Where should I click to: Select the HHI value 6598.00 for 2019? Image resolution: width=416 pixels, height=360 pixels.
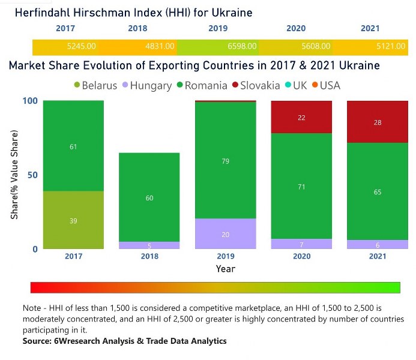click(241, 46)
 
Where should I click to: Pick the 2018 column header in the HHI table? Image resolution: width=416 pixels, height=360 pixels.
click(137, 28)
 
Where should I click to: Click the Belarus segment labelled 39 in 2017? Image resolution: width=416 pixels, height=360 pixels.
click(73, 220)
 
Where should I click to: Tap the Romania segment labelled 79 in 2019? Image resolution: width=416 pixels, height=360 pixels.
click(225, 161)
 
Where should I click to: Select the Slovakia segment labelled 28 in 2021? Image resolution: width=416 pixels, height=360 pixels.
click(378, 122)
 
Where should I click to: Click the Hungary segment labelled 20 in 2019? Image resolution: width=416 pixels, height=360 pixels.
click(225, 234)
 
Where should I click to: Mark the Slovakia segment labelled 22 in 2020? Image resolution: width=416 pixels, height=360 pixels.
click(301, 118)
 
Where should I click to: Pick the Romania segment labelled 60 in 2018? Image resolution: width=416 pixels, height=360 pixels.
click(149, 197)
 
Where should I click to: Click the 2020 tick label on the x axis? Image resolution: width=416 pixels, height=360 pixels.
click(301, 256)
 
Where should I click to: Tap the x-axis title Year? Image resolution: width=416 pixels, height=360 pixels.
click(225, 269)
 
